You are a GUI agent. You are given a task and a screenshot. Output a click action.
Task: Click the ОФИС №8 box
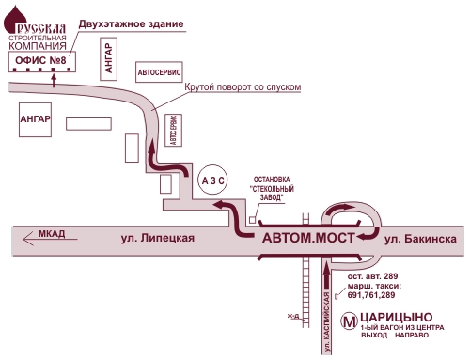(x=41, y=63)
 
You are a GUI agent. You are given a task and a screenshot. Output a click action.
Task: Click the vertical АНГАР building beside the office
(x=110, y=60)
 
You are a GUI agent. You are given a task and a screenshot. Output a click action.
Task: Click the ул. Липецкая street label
(x=158, y=239)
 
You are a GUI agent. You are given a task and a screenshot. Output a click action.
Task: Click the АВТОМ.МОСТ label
(x=307, y=239)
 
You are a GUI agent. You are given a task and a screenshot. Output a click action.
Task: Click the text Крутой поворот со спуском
(x=243, y=86)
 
